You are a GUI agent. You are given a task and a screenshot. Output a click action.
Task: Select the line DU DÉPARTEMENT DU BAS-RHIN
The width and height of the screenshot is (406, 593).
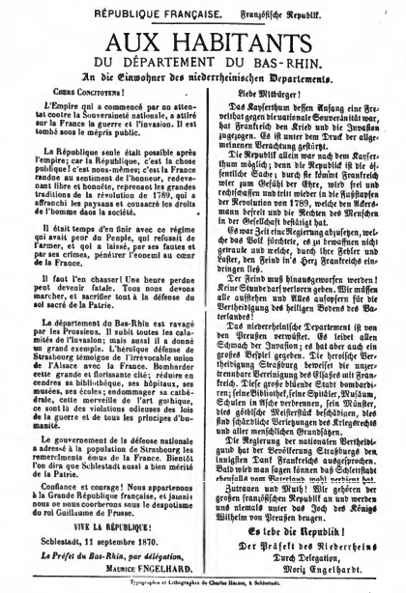point(204,70)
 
